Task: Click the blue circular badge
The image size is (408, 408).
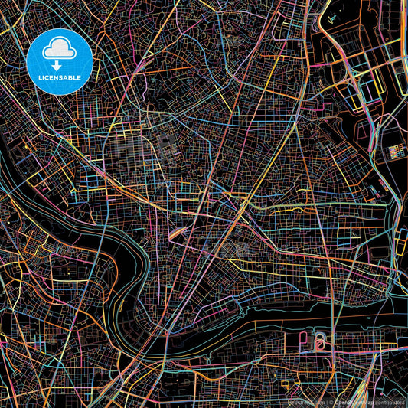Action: click(60, 61)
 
